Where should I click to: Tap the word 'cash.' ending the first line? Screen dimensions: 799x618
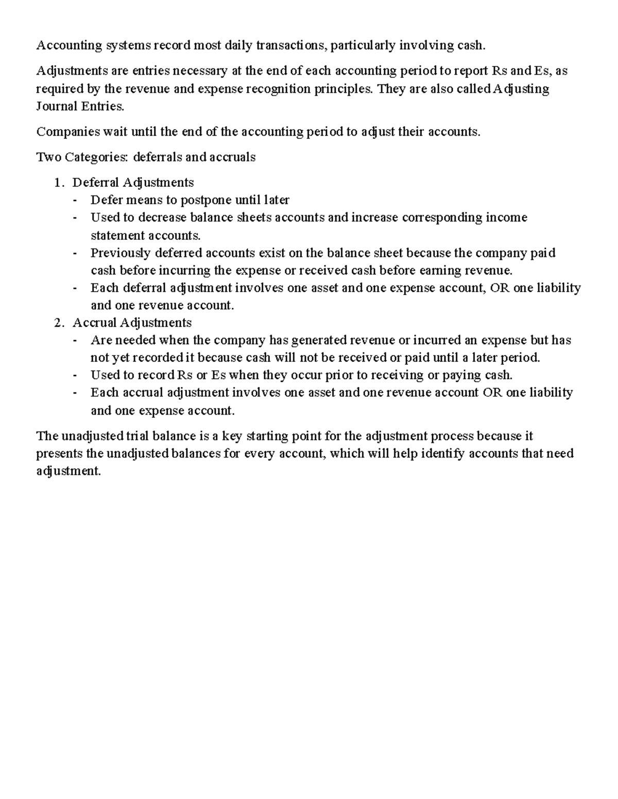(471, 46)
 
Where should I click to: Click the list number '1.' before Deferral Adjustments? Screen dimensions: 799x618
(60, 183)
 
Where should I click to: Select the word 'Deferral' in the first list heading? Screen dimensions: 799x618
(95, 183)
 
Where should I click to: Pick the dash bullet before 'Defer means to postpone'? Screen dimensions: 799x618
(76, 200)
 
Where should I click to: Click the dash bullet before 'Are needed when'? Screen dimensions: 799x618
(76, 340)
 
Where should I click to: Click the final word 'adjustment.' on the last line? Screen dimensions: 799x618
(68, 471)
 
